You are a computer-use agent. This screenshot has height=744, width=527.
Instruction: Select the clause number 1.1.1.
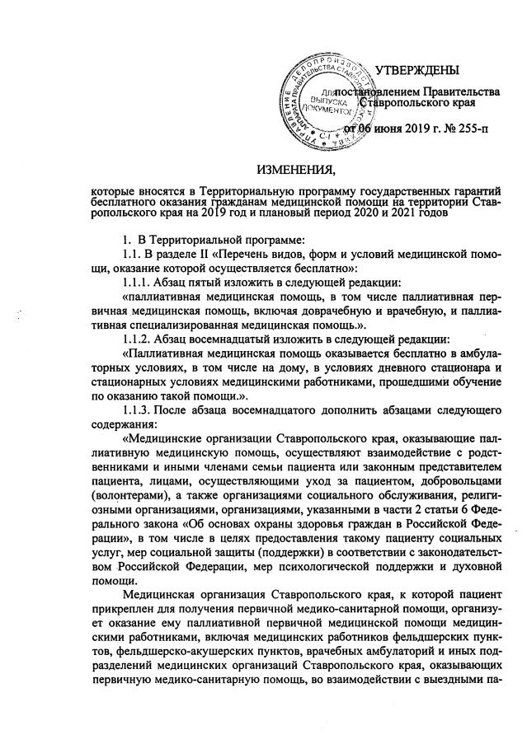137,280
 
